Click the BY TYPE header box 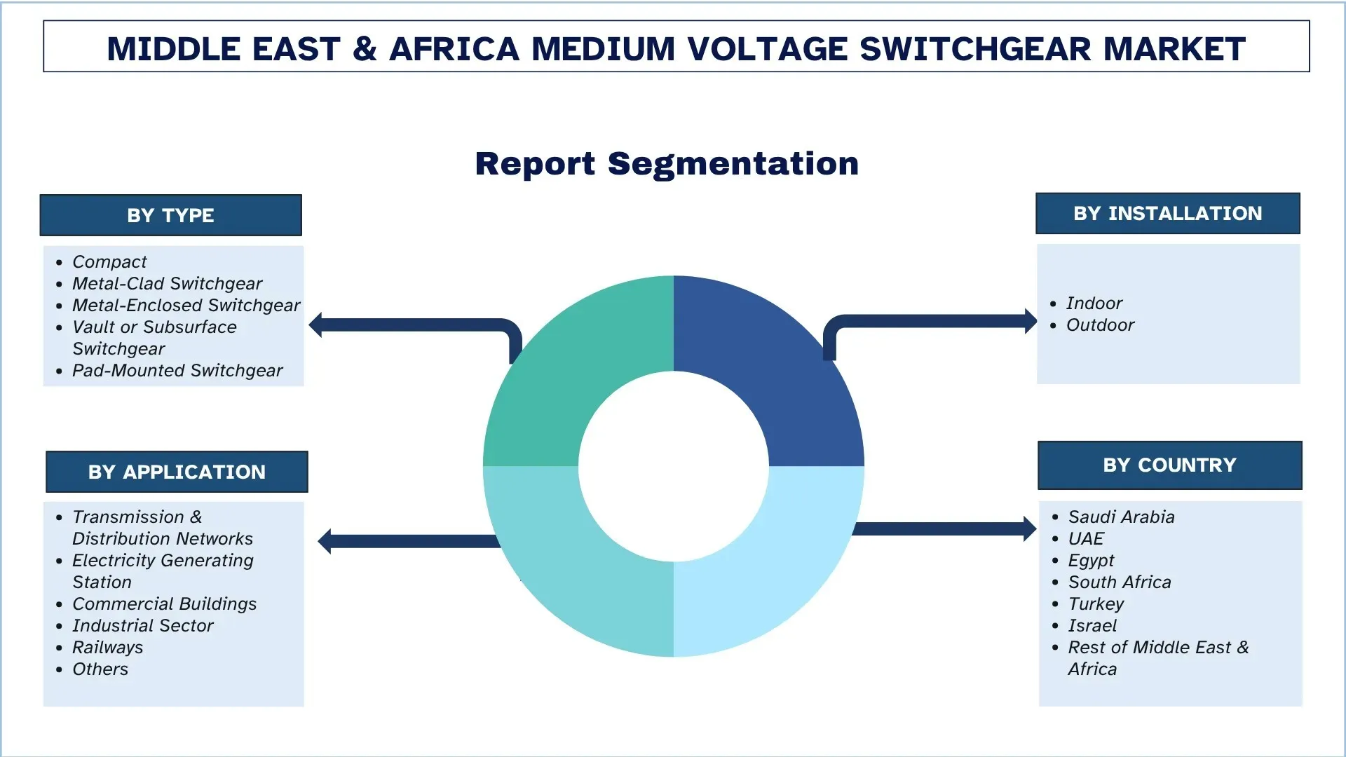point(170,215)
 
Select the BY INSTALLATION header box point(1167,214)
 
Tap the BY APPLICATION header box point(177,472)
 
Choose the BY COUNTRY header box point(1169,465)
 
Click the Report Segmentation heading point(667,164)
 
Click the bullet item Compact point(109,262)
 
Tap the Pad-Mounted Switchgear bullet point(177,371)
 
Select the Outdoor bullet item point(1100,325)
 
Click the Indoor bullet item point(1094,304)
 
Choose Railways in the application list point(107,648)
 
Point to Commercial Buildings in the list point(164,604)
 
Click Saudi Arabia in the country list point(1121,517)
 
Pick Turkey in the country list point(1095,604)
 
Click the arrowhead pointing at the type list point(317,325)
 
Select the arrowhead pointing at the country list point(1029,528)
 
